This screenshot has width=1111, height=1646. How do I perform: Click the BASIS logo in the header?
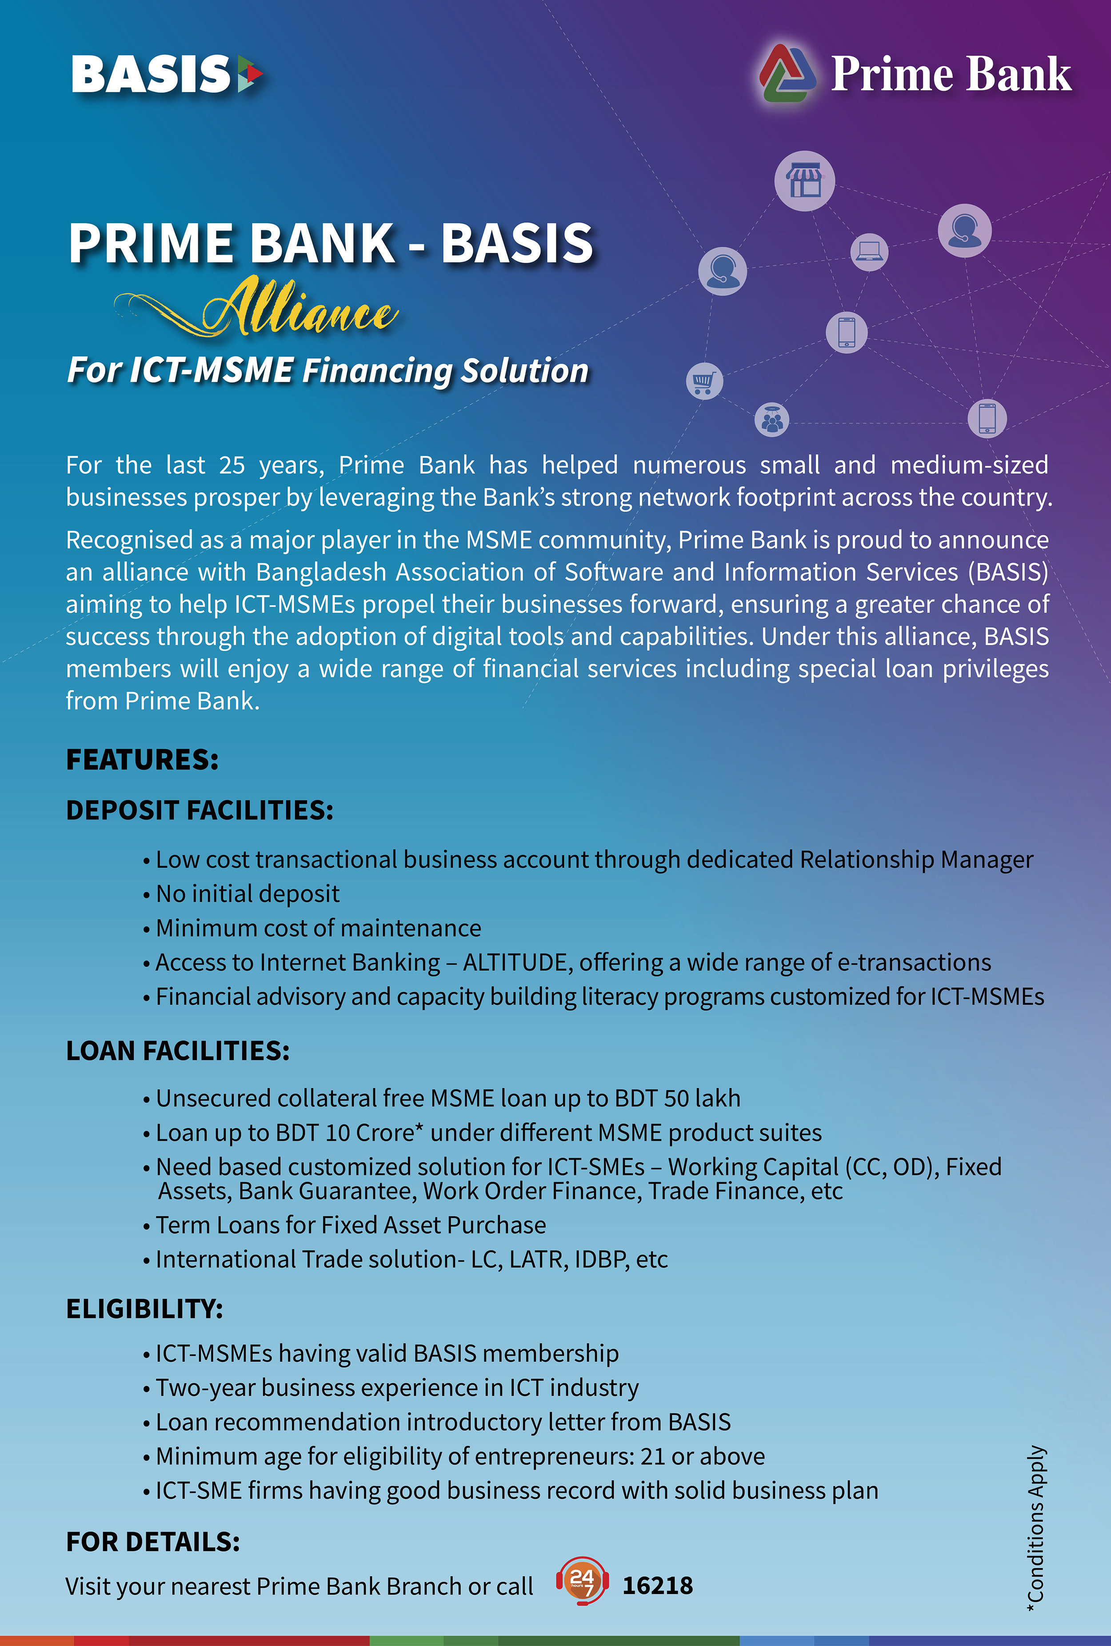click(166, 74)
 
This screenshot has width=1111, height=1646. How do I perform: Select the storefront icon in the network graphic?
click(804, 180)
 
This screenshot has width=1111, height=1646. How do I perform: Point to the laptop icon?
click(869, 252)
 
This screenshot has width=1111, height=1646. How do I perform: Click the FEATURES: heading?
click(142, 759)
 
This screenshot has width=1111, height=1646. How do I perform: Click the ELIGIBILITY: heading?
click(144, 1309)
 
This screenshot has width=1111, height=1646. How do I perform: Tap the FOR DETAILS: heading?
click(153, 1542)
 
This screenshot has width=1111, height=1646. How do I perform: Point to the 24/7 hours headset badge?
click(582, 1580)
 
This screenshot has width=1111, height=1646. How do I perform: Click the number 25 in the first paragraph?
click(232, 465)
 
